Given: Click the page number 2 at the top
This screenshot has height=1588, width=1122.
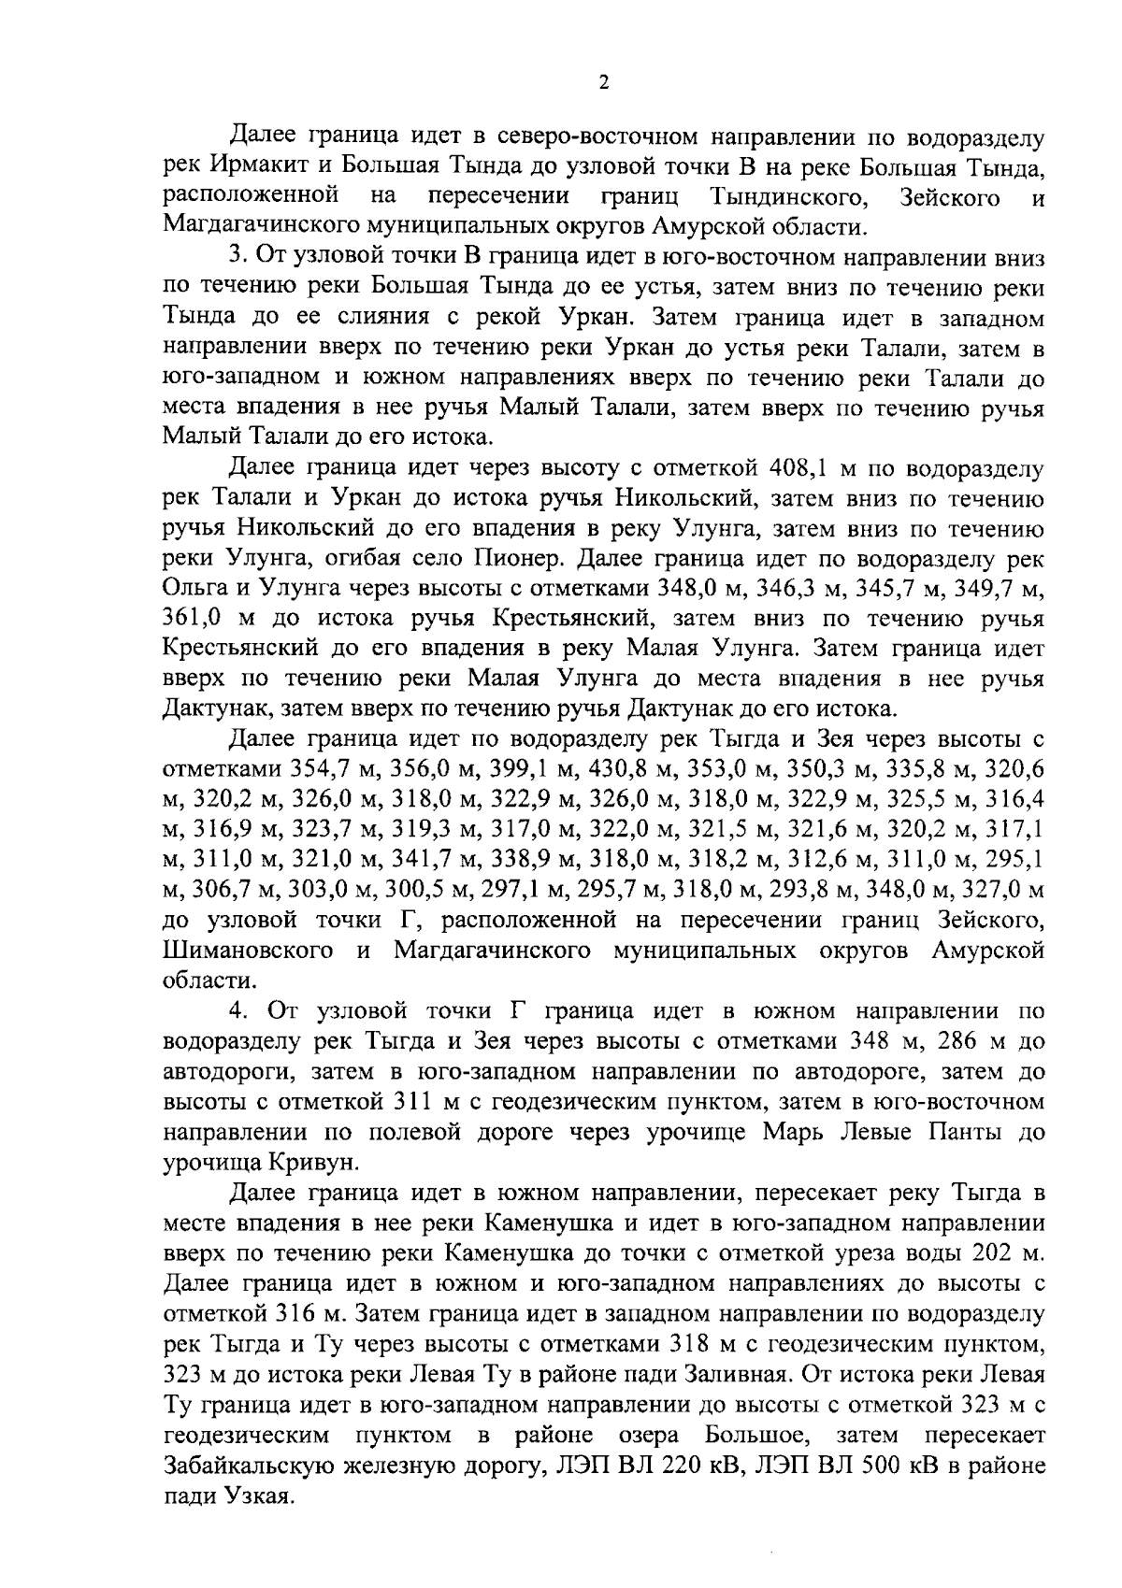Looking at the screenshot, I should (x=603, y=83).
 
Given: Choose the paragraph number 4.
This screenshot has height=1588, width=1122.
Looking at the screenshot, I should (x=236, y=1010).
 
